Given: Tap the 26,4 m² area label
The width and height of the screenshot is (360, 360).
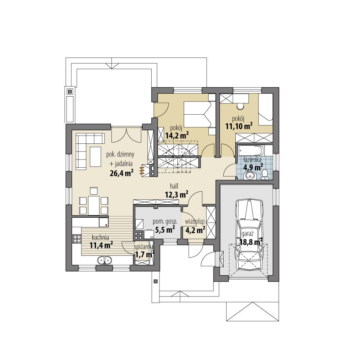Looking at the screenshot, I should point(122,173).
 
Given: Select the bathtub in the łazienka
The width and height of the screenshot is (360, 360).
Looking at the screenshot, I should point(250,152).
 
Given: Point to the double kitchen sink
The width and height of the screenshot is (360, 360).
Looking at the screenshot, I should point(104,260).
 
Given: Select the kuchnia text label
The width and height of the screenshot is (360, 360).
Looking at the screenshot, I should point(100,237).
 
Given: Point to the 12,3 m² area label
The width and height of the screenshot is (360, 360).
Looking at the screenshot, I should point(176,194).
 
